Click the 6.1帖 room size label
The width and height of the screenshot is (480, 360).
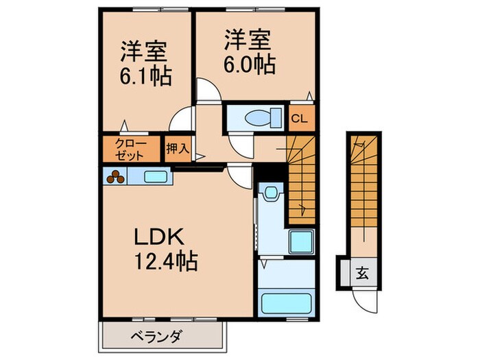[x=145, y=75]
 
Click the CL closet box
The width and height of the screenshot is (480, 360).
[x=300, y=118]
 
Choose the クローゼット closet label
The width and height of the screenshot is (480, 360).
[x=130, y=149]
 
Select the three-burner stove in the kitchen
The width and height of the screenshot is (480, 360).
[x=115, y=177]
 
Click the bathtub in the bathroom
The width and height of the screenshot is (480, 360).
[x=284, y=302]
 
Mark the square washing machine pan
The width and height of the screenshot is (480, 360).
[x=300, y=242]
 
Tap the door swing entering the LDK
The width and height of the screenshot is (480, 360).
[x=240, y=178]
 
